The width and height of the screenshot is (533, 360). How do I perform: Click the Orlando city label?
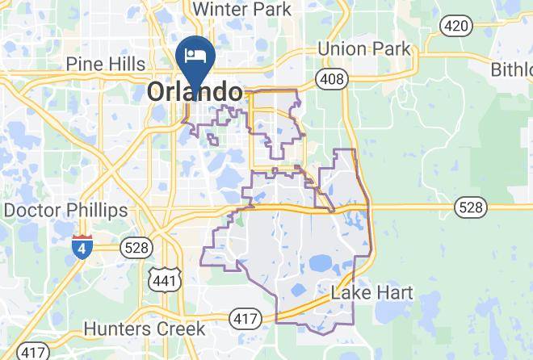pos(195,92)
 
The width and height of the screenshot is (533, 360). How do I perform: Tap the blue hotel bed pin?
pos(195,55)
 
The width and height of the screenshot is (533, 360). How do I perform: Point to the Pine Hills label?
pos(106,64)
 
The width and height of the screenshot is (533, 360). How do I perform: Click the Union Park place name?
pos(363,48)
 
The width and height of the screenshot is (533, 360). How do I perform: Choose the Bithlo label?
pos(511,69)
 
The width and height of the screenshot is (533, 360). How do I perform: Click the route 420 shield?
pos(455,26)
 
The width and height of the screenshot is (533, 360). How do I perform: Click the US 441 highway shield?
pos(162,279)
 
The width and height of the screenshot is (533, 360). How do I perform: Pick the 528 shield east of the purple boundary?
pos(470,207)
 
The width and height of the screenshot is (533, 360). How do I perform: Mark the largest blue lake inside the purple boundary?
pos(320,262)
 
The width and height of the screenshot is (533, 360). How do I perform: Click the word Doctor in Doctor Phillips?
pos(31,211)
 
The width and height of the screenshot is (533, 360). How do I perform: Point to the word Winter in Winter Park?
pos(220,9)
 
